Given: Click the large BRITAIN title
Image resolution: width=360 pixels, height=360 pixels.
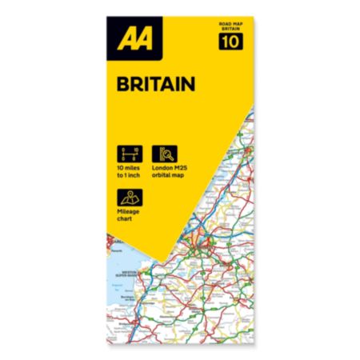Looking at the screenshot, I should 147,83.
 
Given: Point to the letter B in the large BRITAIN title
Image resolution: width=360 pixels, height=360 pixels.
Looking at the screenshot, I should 122,83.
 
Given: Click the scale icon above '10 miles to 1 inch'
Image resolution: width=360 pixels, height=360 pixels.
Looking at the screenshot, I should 128,152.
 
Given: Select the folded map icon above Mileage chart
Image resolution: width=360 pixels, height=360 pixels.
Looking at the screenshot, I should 128,197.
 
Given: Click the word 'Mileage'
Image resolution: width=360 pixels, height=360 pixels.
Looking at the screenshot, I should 130,212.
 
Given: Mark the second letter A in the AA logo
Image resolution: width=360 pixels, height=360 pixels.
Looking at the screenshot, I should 142,39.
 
